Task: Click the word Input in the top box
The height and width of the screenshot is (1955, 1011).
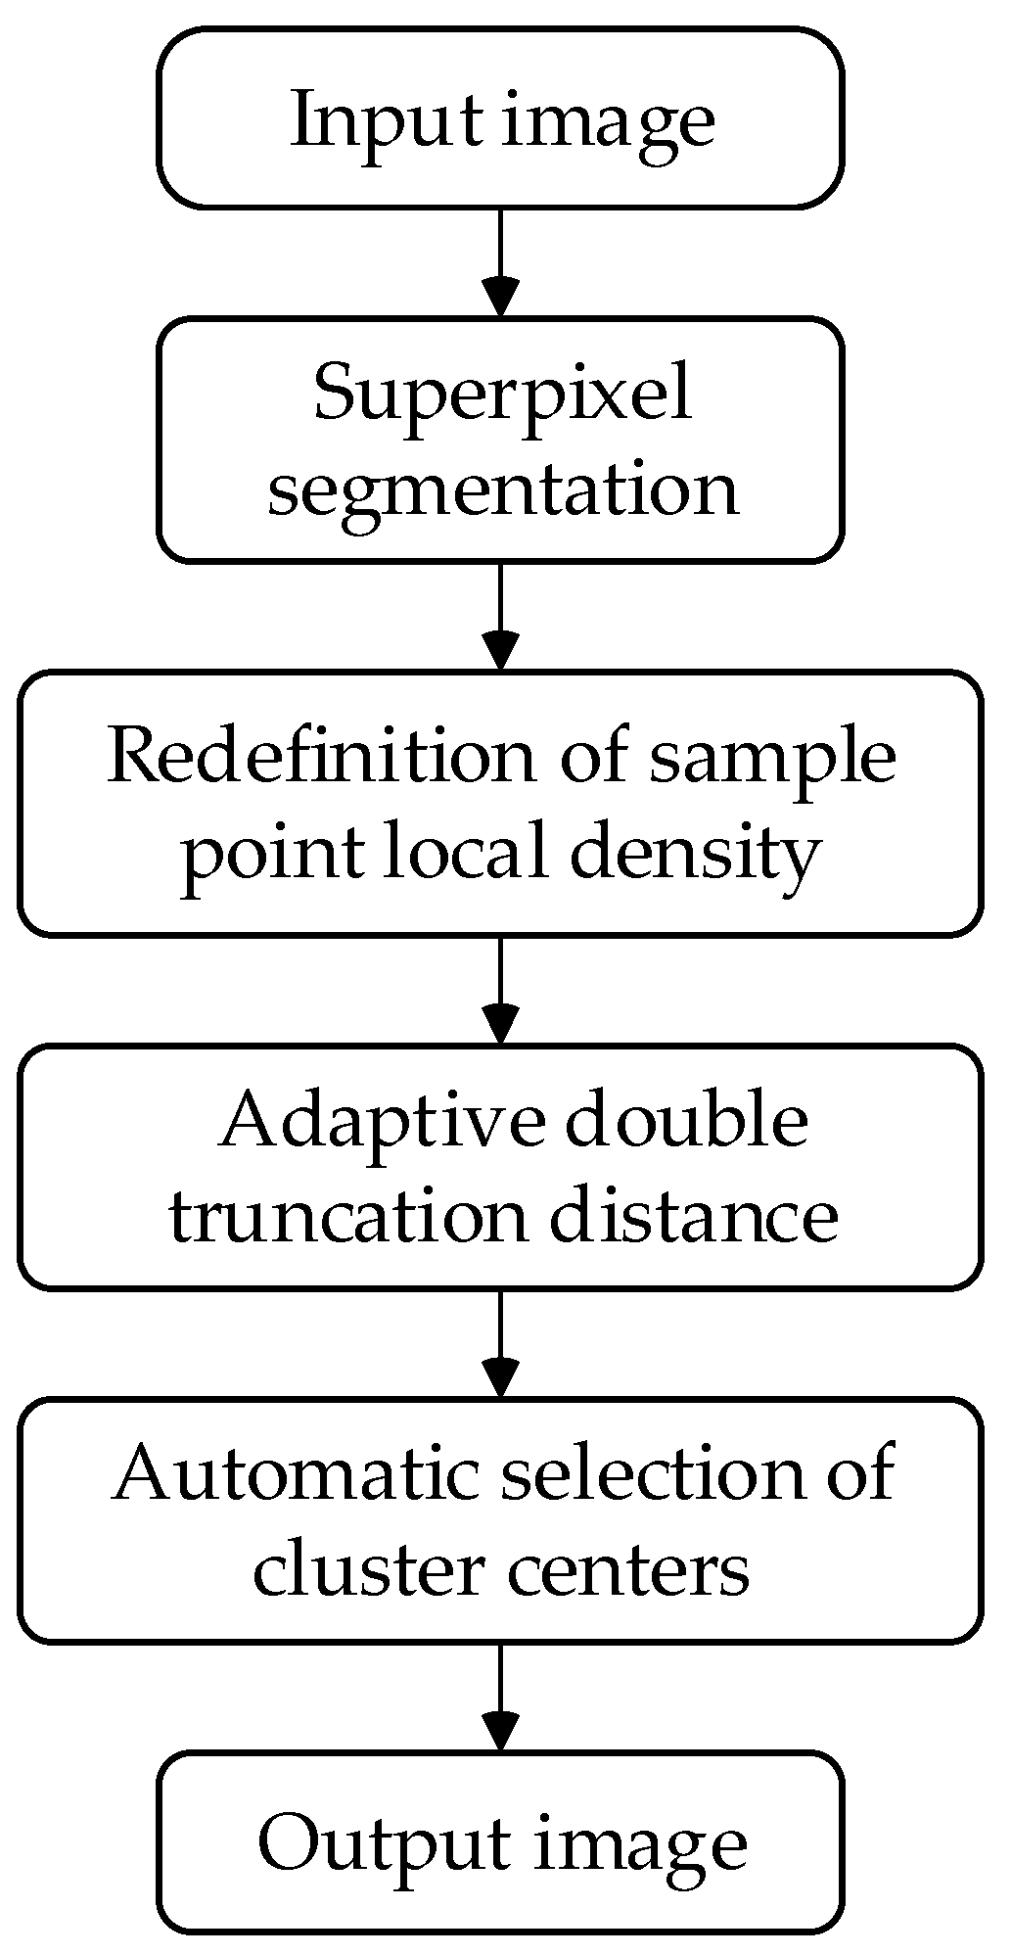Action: [x=386, y=120]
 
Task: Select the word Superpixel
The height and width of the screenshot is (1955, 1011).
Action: [x=502, y=395]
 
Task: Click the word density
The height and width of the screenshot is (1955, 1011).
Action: [x=693, y=853]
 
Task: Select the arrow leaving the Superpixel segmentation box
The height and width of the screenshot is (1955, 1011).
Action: [x=500, y=617]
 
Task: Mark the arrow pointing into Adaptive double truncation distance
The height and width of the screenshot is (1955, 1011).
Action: [x=500, y=990]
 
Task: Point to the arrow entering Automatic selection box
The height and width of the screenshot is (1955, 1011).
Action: [x=500, y=1343]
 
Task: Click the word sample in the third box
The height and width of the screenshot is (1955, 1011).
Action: [x=769, y=757]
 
